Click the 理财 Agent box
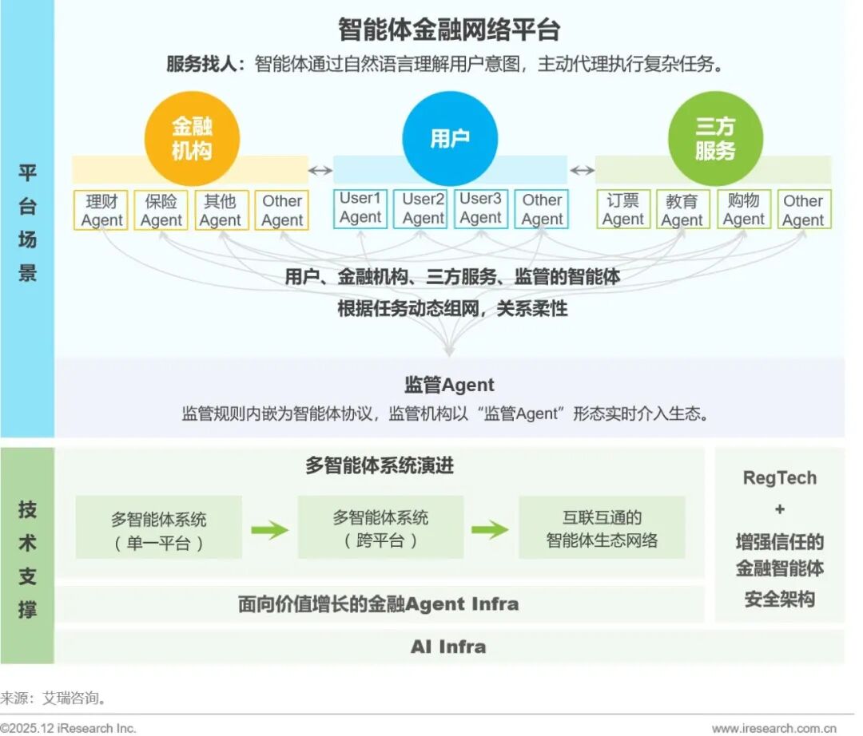pyautogui.click(x=101, y=210)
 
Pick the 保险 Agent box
pyautogui.click(x=161, y=210)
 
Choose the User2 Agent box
pyautogui.click(x=423, y=208)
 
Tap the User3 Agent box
pyautogui.click(x=481, y=208)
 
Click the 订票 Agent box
pyautogui.click(x=623, y=210)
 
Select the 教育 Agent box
pyautogui.click(x=682, y=210)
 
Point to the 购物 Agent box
pyautogui.click(x=743, y=210)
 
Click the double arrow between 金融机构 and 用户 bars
pyautogui.click(x=321, y=170)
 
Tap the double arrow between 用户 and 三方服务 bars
pyautogui.click(x=582, y=170)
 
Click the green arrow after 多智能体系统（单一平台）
pyautogui.click(x=269, y=529)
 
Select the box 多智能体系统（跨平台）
pyautogui.click(x=380, y=528)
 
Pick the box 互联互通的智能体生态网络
pyautogui.click(x=602, y=528)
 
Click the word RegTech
pyautogui.click(x=779, y=478)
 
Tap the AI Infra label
pyautogui.click(x=448, y=647)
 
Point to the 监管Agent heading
pyautogui.click(x=449, y=385)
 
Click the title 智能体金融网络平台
pyautogui.click(x=449, y=30)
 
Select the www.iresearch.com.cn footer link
pyautogui.click(x=774, y=728)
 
